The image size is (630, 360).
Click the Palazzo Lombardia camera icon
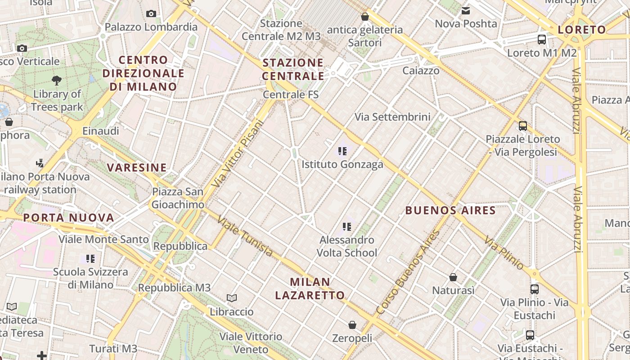(151, 14)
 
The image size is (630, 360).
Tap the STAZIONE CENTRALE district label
(293, 69)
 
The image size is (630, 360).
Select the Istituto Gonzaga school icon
(342, 151)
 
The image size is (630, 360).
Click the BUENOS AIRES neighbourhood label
(450, 210)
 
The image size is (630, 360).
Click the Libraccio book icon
(232, 298)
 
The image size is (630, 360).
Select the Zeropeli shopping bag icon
(352, 324)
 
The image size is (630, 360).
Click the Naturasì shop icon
(453, 277)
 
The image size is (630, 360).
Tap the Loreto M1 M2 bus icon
(542, 40)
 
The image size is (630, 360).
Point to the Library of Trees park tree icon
(57, 81)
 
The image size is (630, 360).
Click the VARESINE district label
(137, 168)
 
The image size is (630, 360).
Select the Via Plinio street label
(504, 253)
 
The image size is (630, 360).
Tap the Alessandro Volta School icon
(346, 226)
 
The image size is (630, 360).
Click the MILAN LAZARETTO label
(310, 289)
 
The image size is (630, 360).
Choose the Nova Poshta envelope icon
(466, 10)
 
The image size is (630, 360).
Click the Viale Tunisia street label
(245, 236)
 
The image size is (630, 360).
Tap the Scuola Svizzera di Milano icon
(91, 259)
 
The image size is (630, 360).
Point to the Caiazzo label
(421, 71)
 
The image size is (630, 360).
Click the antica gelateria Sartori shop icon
(365, 17)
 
